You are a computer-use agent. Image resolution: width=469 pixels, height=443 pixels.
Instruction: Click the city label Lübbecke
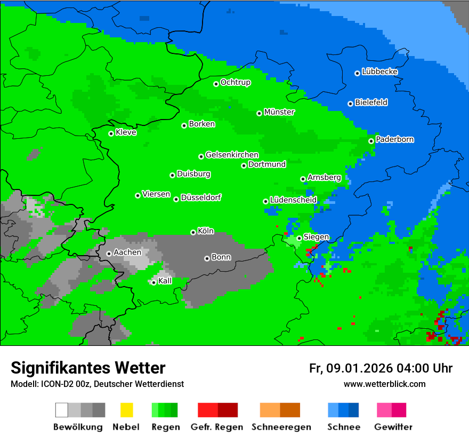pos(379,72)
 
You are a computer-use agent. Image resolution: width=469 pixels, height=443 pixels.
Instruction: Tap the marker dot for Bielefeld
pos(350,104)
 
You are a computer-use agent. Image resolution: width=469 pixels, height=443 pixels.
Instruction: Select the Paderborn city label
pos(394,139)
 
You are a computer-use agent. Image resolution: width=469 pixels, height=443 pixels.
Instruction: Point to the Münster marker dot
pos(259,113)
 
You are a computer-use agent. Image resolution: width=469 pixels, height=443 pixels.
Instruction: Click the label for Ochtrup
pos(235,82)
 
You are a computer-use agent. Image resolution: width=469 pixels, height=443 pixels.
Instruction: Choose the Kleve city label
pos(126,132)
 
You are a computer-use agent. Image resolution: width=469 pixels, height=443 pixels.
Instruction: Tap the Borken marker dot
pos(184,125)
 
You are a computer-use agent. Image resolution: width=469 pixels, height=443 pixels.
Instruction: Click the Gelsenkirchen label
pos(232,155)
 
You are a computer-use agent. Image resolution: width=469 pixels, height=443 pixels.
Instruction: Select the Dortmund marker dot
pos(244,165)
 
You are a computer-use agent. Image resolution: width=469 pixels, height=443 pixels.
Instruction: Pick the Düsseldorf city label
pos(201,197)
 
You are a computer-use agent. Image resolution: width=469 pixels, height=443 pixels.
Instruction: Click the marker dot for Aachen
pos(109,254)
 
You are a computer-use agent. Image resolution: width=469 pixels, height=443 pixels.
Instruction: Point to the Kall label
pos(165,281)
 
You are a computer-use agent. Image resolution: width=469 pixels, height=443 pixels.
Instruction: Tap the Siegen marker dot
pos(299,239)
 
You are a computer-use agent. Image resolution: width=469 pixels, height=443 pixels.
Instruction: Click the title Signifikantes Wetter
pos(88,368)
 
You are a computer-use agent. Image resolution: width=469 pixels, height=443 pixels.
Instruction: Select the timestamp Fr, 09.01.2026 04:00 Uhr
pos(381,368)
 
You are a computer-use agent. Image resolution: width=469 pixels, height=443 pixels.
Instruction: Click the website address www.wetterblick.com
pos(384,384)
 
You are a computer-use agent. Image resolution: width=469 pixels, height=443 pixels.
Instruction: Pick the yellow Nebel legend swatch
pos(126,410)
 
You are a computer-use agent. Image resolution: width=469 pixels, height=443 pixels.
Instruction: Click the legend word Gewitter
pos(393,427)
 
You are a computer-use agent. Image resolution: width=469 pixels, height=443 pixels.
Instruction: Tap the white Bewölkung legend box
pos(62,410)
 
